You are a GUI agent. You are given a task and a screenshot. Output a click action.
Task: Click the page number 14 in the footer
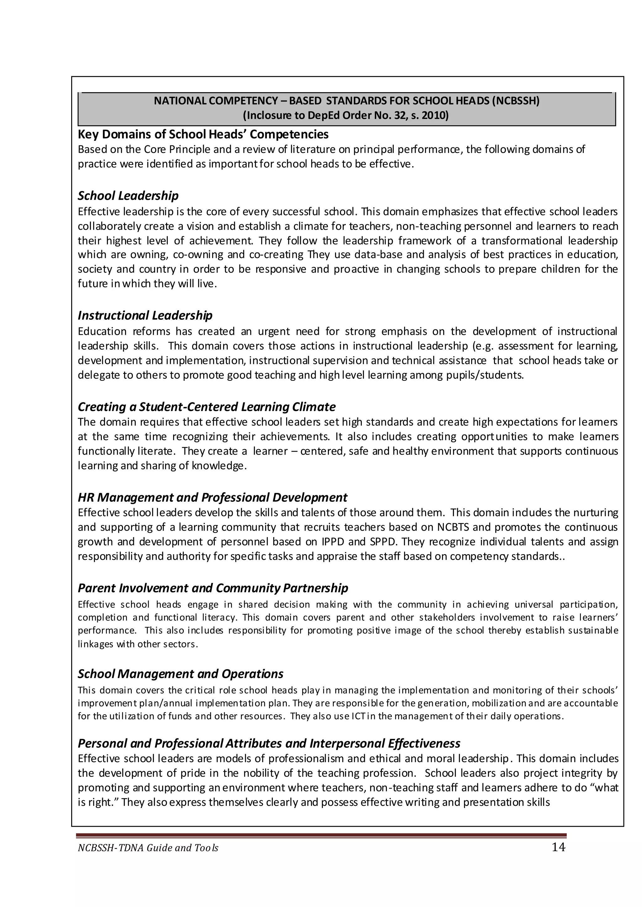pos(559,847)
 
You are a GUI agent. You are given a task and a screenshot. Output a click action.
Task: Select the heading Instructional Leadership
pos(145,315)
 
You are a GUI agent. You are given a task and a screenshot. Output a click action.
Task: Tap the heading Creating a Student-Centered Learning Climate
pos(206,407)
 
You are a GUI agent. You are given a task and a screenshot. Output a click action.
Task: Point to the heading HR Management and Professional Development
pos(212,497)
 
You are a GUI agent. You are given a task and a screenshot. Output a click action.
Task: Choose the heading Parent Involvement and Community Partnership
pos(213,588)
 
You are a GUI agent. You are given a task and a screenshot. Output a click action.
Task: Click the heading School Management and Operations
pos(180,674)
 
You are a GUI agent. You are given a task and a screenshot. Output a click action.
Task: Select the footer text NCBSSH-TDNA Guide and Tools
pos(148,848)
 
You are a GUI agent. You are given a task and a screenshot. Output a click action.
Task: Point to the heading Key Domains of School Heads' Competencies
pos(203,134)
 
